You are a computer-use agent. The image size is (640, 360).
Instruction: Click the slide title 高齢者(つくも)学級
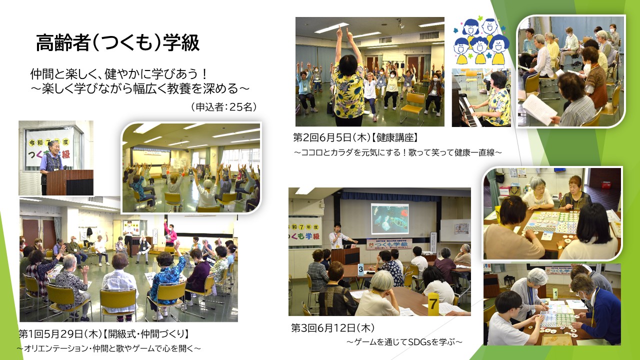pos(117,43)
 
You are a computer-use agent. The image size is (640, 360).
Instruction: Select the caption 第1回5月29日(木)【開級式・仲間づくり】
pos(104,333)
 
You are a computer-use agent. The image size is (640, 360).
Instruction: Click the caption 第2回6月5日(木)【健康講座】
pos(356,137)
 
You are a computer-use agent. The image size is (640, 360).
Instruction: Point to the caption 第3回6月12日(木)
pos(333,328)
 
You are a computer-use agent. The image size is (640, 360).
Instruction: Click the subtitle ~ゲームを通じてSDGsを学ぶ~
pos(404,341)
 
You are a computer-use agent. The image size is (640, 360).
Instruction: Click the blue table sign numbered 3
pos(361,269)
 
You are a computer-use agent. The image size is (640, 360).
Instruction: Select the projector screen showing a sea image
pos(389,218)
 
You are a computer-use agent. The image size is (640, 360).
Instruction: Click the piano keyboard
pos(468,112)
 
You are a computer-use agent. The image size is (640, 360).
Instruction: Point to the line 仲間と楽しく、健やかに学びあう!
pos(119,74)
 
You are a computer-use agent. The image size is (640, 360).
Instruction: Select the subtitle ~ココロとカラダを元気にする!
pos(397,152)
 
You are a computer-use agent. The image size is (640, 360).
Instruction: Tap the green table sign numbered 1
pos(555,293)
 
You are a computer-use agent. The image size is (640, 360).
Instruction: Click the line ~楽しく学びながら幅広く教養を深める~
pos(140,88)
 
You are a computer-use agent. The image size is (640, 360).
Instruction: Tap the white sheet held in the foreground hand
pos(536,109)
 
